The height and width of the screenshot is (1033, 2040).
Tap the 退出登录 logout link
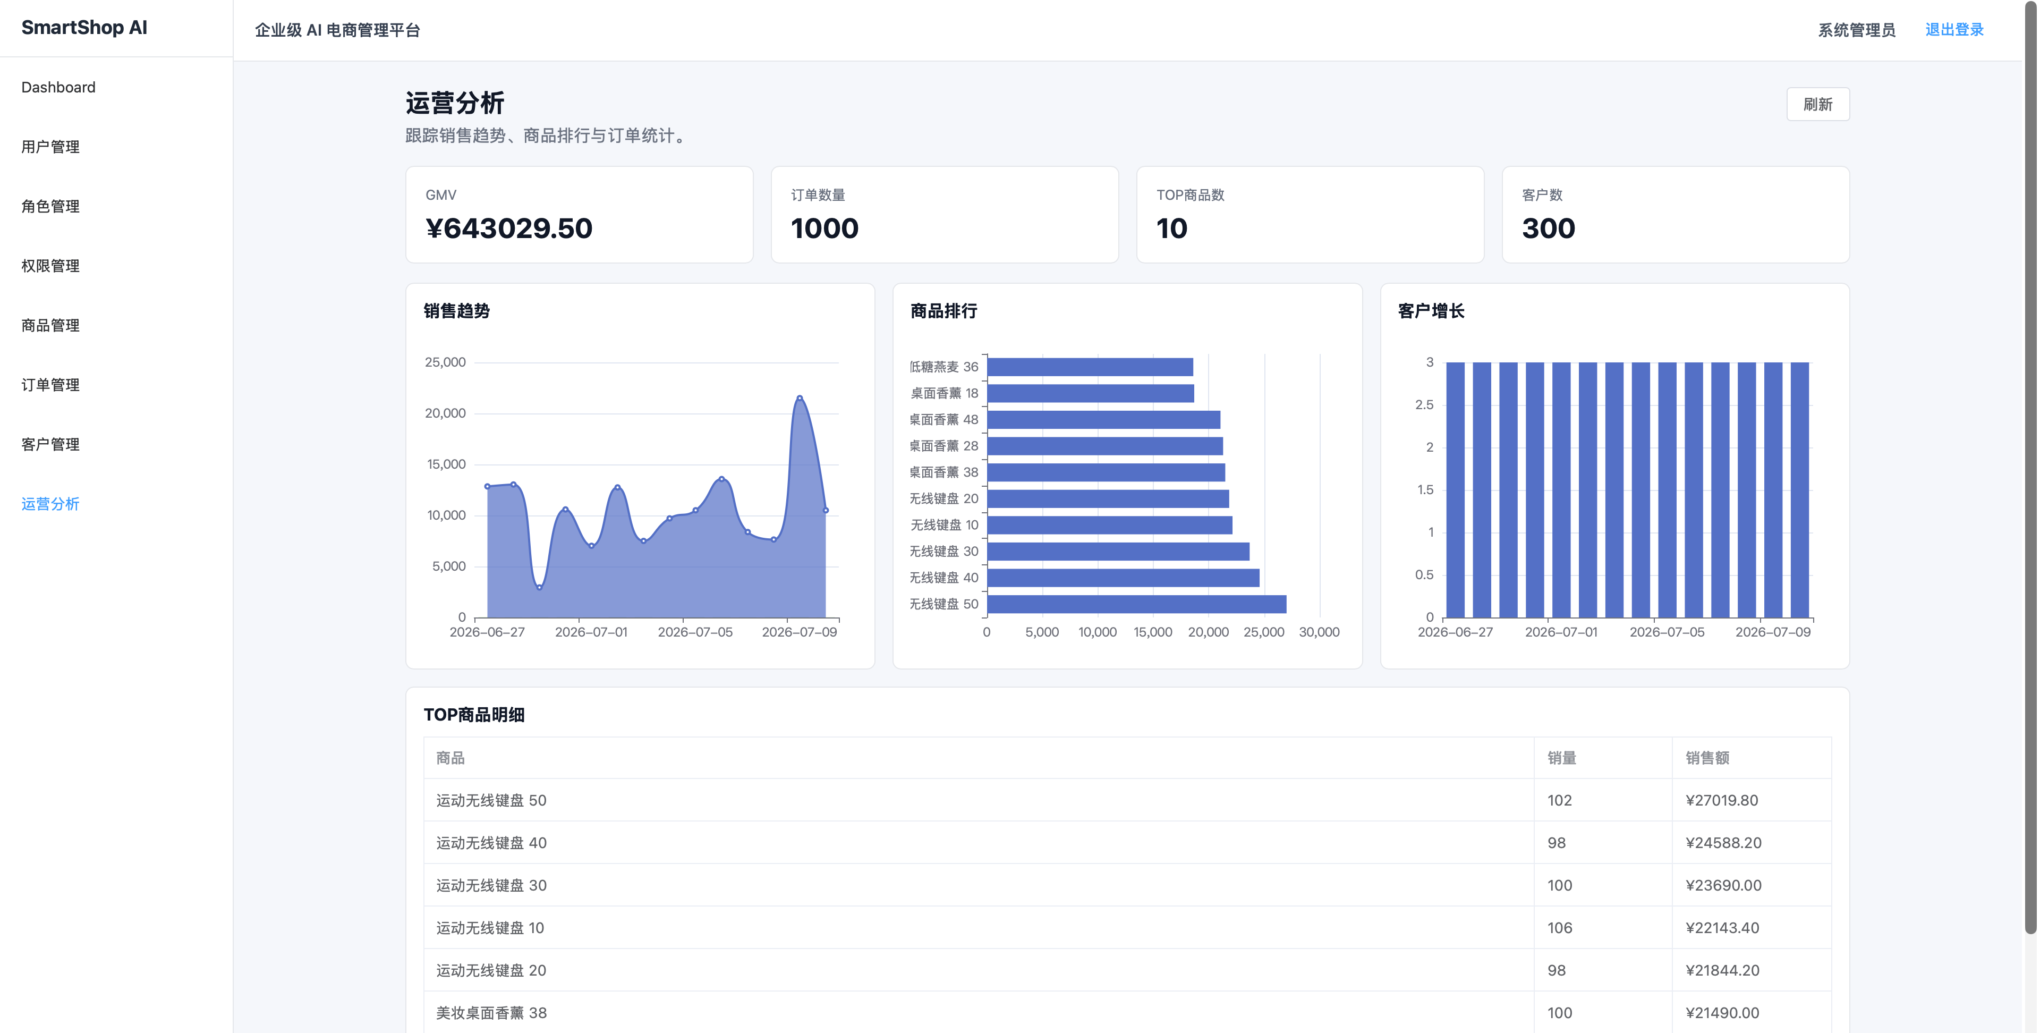coord(1954,29)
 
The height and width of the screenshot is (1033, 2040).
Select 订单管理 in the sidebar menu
coord(50,385)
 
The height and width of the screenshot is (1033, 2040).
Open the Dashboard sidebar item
coord(58,87)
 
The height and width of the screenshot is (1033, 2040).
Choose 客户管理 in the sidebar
coord(50,444)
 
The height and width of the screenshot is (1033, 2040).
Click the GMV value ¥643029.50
coord(508,228)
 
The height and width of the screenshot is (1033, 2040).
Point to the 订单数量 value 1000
coord(824,228)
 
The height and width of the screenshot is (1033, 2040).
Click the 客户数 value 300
coord(1548,228)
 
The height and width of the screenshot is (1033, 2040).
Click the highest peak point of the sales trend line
coord(799,397)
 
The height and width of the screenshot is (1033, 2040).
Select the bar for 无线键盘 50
coord(1136,604)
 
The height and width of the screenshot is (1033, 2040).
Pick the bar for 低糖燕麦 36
coord(1090,367)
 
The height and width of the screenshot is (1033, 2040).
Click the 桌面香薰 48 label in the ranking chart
coord(943,420)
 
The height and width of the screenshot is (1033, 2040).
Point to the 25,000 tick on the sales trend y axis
coord(445,362)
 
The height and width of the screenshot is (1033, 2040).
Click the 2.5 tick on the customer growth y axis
coord(1424,405)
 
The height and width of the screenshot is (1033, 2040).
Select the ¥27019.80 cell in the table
coord(1722,800)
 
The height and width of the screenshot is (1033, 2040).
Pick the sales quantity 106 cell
coord(1559,928)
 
